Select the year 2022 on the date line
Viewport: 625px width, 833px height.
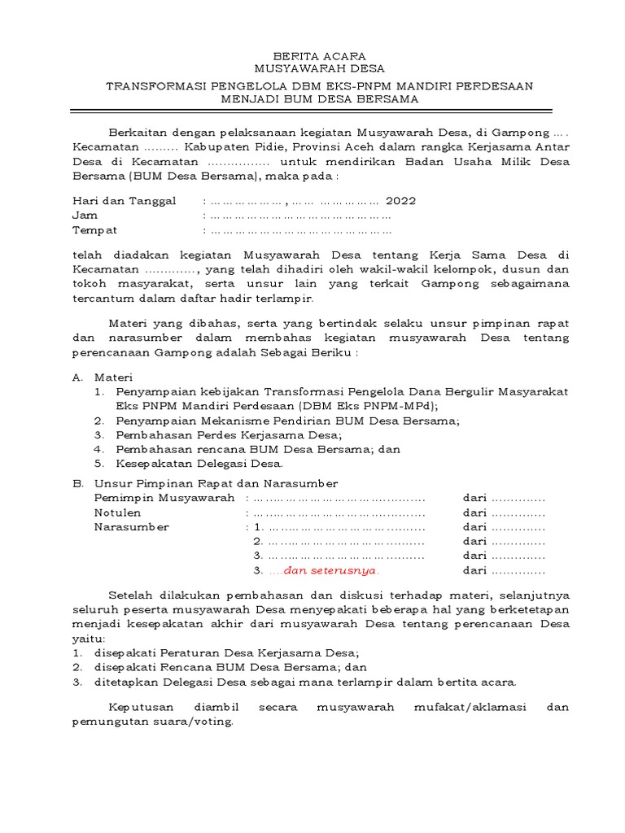[x=400, y=201]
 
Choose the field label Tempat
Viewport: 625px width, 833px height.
[x=95, y=230]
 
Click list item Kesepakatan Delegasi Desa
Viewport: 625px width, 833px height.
[x=199, y=464]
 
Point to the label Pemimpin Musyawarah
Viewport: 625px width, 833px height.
[x=164, y=497]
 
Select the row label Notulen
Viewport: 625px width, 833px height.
[x=117, y=512]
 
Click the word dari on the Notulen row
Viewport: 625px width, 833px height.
[x=474, y=512]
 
